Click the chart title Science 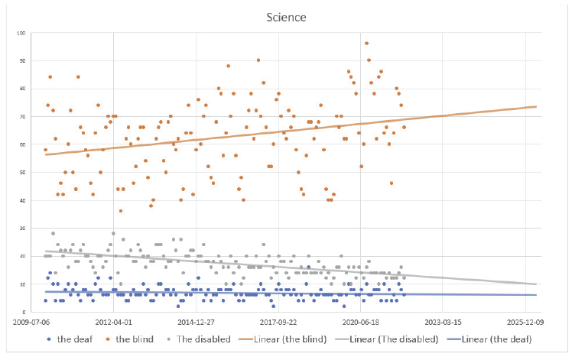click(x=286, y=16)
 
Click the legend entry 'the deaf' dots click(x=69, y=339)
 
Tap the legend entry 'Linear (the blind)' click(x=286, y=339)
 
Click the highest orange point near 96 click(x=366, y=44)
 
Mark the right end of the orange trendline click(x=535, y=107)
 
